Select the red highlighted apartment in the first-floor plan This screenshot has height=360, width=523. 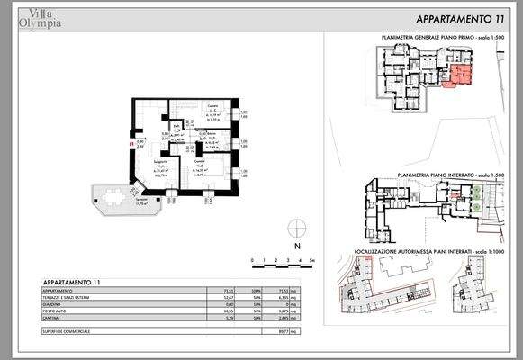[x=460, y=76]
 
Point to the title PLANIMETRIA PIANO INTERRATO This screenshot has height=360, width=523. [x=442, y=176]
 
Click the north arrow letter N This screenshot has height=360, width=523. [x=294, y=245]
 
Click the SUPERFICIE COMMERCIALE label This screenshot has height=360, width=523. [x=72, y=330]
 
